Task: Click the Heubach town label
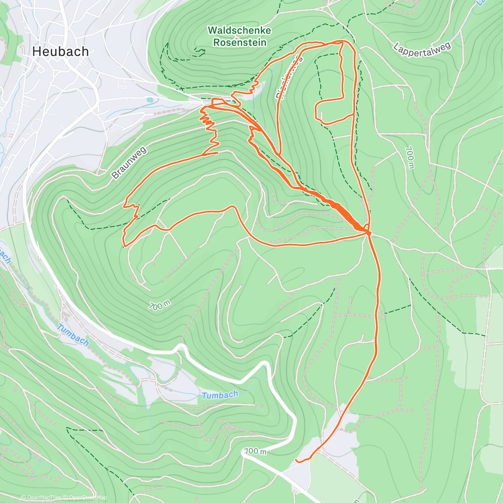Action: click(61, 52)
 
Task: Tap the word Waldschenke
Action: click(239, 31)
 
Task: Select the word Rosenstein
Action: click(239, 42)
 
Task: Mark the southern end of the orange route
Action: click(297, 460)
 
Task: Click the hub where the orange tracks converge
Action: click(367, 231)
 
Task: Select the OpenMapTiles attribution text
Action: click(41, 498)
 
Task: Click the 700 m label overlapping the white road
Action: click(255, 451)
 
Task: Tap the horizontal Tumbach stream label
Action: click(220, 395)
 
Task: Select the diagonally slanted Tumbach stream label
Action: click(73, 335)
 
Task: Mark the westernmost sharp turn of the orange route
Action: click(124, 245)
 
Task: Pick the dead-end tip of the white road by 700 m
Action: click(244, 453)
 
